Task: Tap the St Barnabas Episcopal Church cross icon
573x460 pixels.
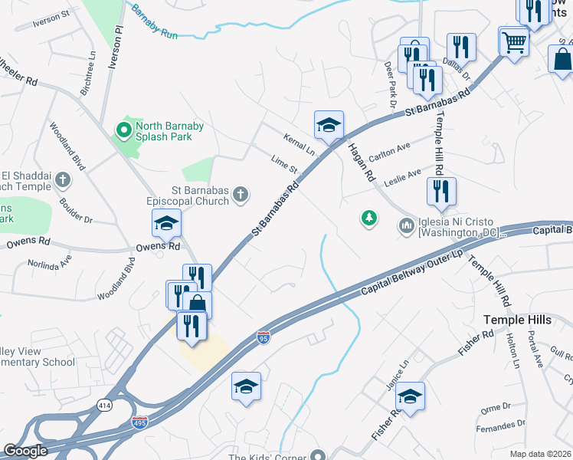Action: point(240,195)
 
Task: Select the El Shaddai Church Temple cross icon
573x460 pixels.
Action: point(63,181)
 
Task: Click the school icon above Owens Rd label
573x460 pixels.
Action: point(165,223)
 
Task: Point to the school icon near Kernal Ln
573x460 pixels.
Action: point(329,125)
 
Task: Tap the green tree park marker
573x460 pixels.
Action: point(369,219)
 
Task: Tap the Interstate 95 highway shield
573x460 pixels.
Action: point(262,337)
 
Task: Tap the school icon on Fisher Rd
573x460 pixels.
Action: point(410,396)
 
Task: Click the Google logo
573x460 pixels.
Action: point(25,450)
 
